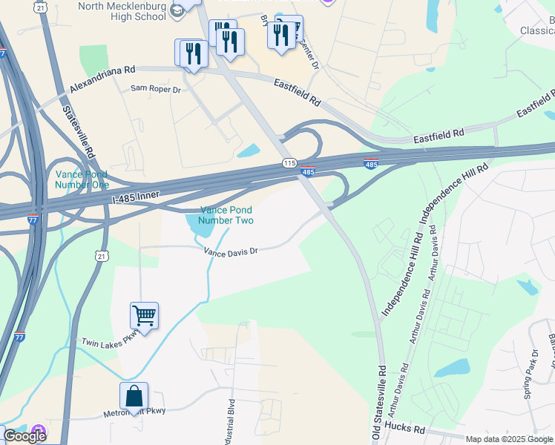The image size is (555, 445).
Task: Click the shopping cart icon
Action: click(x=144, y=316)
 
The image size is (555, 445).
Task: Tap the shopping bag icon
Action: click(x=134, y=395)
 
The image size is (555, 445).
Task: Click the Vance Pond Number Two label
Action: click(x=226, y=215)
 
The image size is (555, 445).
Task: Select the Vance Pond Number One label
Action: click(x=82, y=179)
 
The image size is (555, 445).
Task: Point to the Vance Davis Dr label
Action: click(x=231, y=251)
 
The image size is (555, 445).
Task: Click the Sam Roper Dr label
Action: click(x=156, y=89)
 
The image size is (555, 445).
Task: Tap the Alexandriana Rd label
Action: click(x=102, y=79)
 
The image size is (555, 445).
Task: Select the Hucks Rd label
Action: click(x=404, y=429)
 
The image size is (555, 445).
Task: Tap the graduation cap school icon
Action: click(x=177, y=10)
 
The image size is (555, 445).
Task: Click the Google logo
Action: click(x=24, y=436)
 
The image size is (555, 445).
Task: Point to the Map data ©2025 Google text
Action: click(x=509, y=439)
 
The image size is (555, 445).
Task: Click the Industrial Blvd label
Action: click(x=231, y=426)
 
